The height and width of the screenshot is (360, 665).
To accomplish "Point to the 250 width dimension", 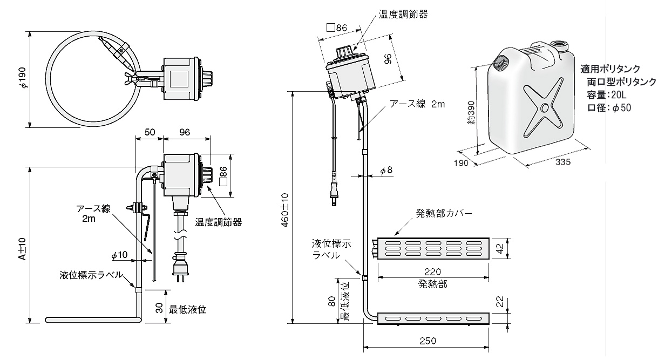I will (x=426, y=341).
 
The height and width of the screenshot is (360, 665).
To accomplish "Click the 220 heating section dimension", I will (x=433, y=271).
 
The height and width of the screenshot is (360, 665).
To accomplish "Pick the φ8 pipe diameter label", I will (x=386, y=170).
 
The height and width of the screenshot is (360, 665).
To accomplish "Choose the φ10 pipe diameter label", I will (x=119, y=254).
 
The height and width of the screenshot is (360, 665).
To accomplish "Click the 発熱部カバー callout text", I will (x=444, y=213).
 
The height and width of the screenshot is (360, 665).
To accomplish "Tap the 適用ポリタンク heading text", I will (x=610, y=69).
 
